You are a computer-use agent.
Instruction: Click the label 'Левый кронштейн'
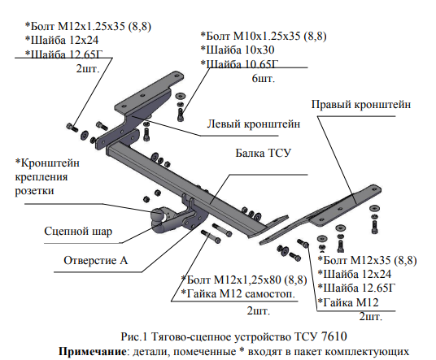coord(253,124)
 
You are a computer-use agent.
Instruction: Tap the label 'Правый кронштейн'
coord(361,105)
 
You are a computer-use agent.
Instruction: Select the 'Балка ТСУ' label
coord(263,153)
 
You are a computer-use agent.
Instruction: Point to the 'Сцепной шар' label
coord(78,232)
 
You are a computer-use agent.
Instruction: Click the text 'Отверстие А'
coord(96,261)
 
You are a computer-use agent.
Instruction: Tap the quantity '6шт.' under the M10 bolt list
coord(263,79)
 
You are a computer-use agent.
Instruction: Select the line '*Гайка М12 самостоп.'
coord(238,293)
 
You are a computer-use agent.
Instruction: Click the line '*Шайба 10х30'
coord(238,50)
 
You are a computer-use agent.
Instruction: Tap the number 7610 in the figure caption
coord(334,336)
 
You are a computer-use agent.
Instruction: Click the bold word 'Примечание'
coord(93,351)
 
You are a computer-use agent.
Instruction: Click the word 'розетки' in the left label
coord(34,191)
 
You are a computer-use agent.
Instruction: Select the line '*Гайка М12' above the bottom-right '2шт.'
coord(348,302)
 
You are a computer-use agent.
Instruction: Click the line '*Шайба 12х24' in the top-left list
coord(62,41)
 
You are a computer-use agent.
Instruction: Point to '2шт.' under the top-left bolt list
coord(88,68)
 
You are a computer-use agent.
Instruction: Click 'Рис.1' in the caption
coord(133,336)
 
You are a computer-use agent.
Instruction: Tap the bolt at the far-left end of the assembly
coord(72,128)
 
